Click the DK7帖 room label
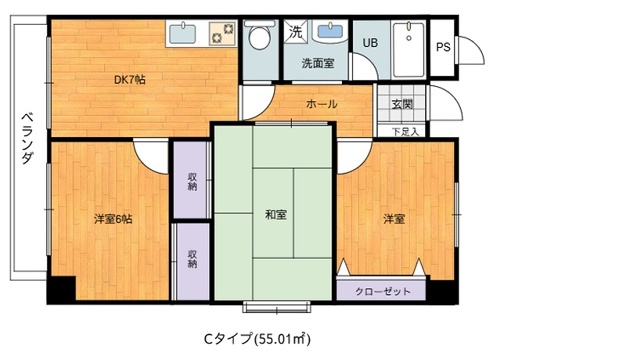click(x=130, y=80)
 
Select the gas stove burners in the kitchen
click(x=223, y=33)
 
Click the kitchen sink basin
click(x=182, y=33)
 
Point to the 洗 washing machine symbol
click(x=295, y=32)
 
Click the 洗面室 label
click(x=318, y=63)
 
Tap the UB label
click(x=370, y=43)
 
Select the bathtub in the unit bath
click(x=409, y=49)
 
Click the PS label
click(x=443, y=47)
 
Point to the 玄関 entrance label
click(x=402, y=104)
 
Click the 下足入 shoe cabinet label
click(x=405, y=131)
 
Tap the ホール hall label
click(x=321, y=104)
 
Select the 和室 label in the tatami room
click(x=276, y=215)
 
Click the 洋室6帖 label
click(x=113, y=219)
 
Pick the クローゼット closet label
click(x=382, y=291)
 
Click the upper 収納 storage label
click(x=192, y=181)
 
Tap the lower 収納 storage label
click(x=192, y=258)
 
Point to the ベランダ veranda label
click(x=27, y=139)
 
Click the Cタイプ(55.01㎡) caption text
click(x=257, y=339)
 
